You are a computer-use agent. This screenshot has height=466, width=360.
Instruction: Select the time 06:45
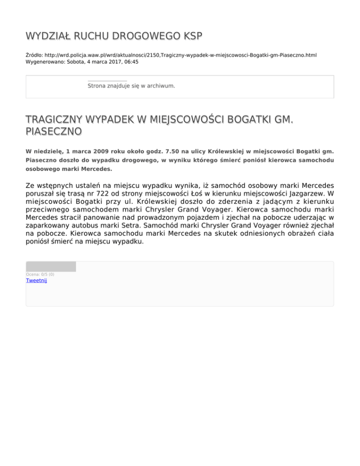(x=131, y=61)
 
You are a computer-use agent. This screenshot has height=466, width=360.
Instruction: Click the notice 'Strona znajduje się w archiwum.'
(x=131, y=86)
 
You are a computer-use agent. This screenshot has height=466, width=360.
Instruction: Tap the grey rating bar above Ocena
(x=51, y=267)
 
